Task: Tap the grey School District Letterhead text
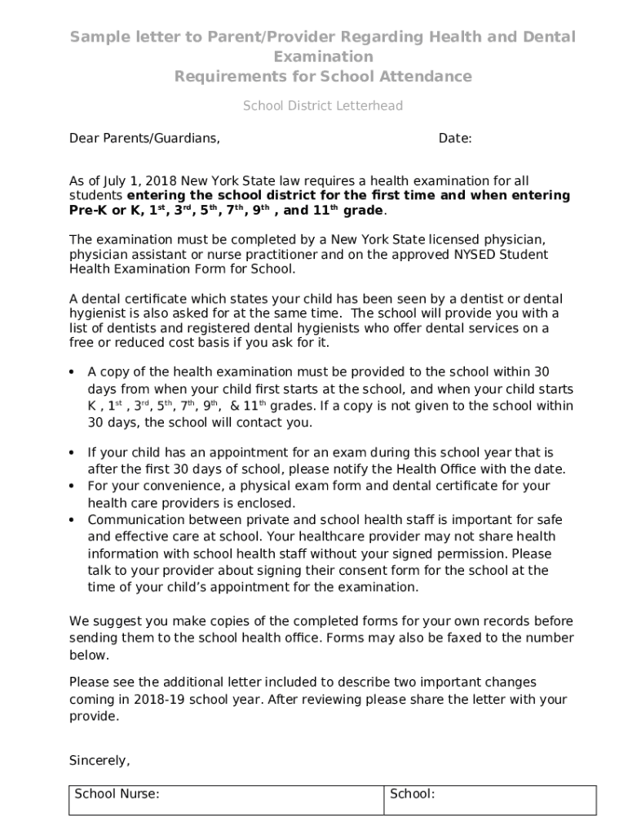click(323, 106)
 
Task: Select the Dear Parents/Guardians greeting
click(144, 139)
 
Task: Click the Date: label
click(455, 139)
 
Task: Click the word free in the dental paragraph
click(81, 342)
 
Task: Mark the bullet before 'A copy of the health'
click(73, 372)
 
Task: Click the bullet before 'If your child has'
click(73, 452)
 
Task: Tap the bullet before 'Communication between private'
click(73, 520)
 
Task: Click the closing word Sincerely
click(98, 761)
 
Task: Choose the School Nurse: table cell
click(226, 800)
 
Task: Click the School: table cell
click(490, 800)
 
